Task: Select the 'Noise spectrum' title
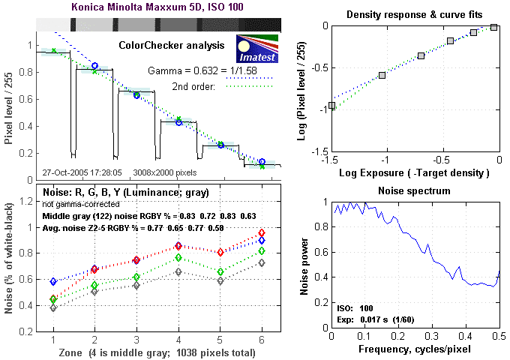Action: tap(415, 191)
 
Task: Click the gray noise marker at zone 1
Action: tap(53, 307)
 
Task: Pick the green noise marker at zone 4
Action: tap(178, 258)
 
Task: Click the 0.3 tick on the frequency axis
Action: tap(432, 337)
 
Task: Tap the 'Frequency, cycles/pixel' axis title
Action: tap(415, 349)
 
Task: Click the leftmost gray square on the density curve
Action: tap(332, 106)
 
